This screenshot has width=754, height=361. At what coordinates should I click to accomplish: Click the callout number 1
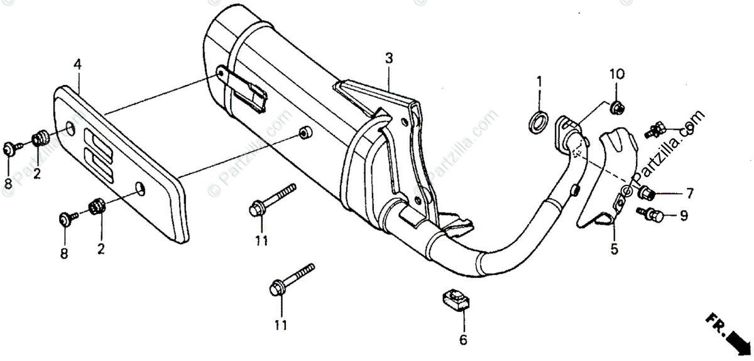[x=538, y=81]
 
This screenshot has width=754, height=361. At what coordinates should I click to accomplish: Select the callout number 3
[x=389, y=59]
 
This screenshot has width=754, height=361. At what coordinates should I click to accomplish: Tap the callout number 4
[x=77, y=64]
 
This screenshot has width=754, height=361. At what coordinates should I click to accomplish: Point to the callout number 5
[x=614, y=250]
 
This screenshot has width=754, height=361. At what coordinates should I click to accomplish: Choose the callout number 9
[x=684, y=216]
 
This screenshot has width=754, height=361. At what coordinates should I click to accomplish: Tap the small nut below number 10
[x=616, y=108]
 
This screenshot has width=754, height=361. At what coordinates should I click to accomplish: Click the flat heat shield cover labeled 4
[x=119, y=160]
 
